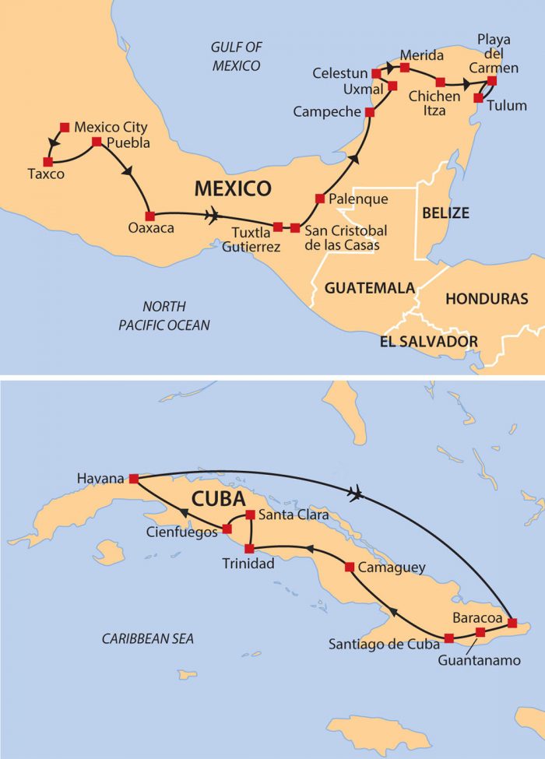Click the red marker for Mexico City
pyautogui.click(x=65, y=126)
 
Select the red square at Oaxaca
pyautogui.click(x=149, y=216)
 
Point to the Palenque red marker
pyautogui.click(x=320, y=199)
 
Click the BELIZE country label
pyautogui.click(x=445, y=212)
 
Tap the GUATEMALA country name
pyautogui.click(x=369, y=288)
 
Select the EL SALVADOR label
pyautogui.click(x=428, y=341)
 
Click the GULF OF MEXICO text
pyautogui.click(x=237, y=57)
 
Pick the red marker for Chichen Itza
pyautogui.click(x=440, y=82)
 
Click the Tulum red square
pyautogui.click(x=478, y=99)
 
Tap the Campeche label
pyautogui.click(x=327, y=112)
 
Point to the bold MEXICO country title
pyautogui.click(x=233, y=188)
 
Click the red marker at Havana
pyautogui.click(x=133, y=479)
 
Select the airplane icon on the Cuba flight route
pyautogui.click(x=357, y=493)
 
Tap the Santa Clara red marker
pyautogui.click(x=250, y=515)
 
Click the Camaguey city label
pyautogui.click(x=392, y=567)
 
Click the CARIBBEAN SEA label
pyautogui.click(x=148, y=639)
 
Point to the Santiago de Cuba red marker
pyautogui.click(x=448, y=638)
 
